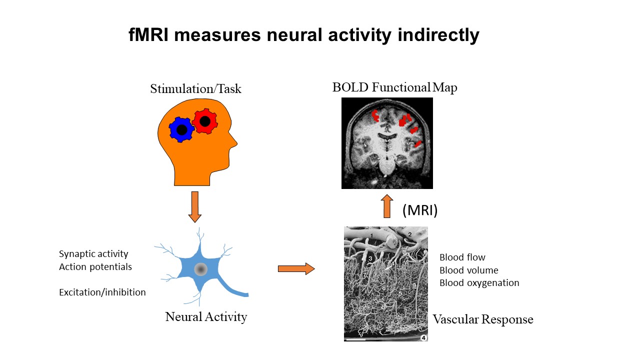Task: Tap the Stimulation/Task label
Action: [195, 89]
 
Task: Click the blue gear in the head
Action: [181, 129]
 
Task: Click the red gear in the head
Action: [204, 121]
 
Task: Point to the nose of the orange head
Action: [234, 145]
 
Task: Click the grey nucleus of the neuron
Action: [201, 269]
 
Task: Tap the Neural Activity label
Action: [206, 316]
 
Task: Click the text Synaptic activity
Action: [93, 254]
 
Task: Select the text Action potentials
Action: [95, 266]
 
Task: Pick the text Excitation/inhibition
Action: [102, 292]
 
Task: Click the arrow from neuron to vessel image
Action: [296, 269]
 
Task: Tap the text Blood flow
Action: [462, 257]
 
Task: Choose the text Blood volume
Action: [469, 270]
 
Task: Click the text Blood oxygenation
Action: [479, 283]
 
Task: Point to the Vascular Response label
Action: [483, 319]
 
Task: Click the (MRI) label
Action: [420, 210]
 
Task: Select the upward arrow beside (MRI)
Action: [387, 206]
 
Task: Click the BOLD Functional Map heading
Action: [394, 87]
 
